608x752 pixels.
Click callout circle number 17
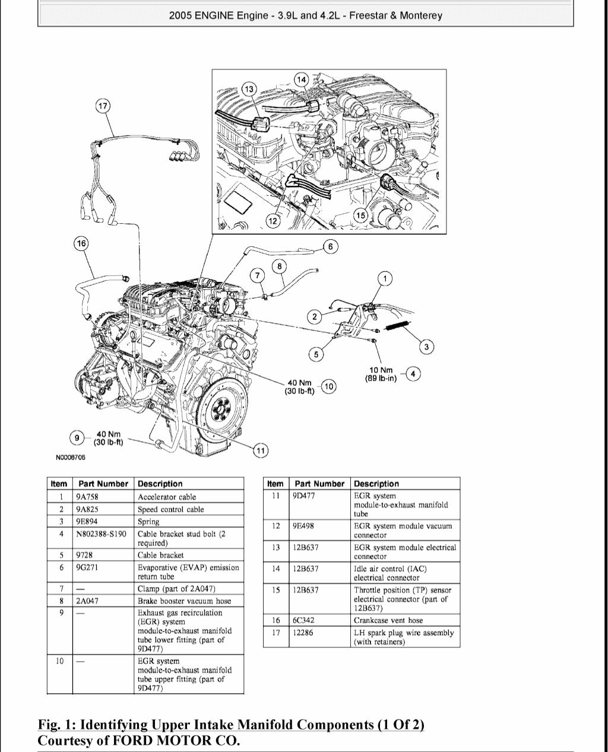[103, 106]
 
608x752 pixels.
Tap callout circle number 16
[81, 243]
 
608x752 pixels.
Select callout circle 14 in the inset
[302, 80]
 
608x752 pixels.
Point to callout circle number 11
[260, 451]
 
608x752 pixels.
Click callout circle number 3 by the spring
[426, 347]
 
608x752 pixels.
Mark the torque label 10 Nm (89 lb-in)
[381, 375]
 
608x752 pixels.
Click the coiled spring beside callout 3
[397, 325]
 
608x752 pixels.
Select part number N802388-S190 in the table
[101, 534]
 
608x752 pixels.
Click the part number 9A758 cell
[86, 497]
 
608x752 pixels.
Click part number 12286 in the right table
[303, 633]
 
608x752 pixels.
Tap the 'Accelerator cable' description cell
[167, 497]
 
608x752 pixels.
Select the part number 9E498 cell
[303, 526]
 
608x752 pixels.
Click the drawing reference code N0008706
[71, 458]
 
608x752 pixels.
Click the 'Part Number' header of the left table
[103, 484]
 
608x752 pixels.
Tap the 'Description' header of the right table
[376, 484]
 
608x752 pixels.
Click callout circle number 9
[77, 438]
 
